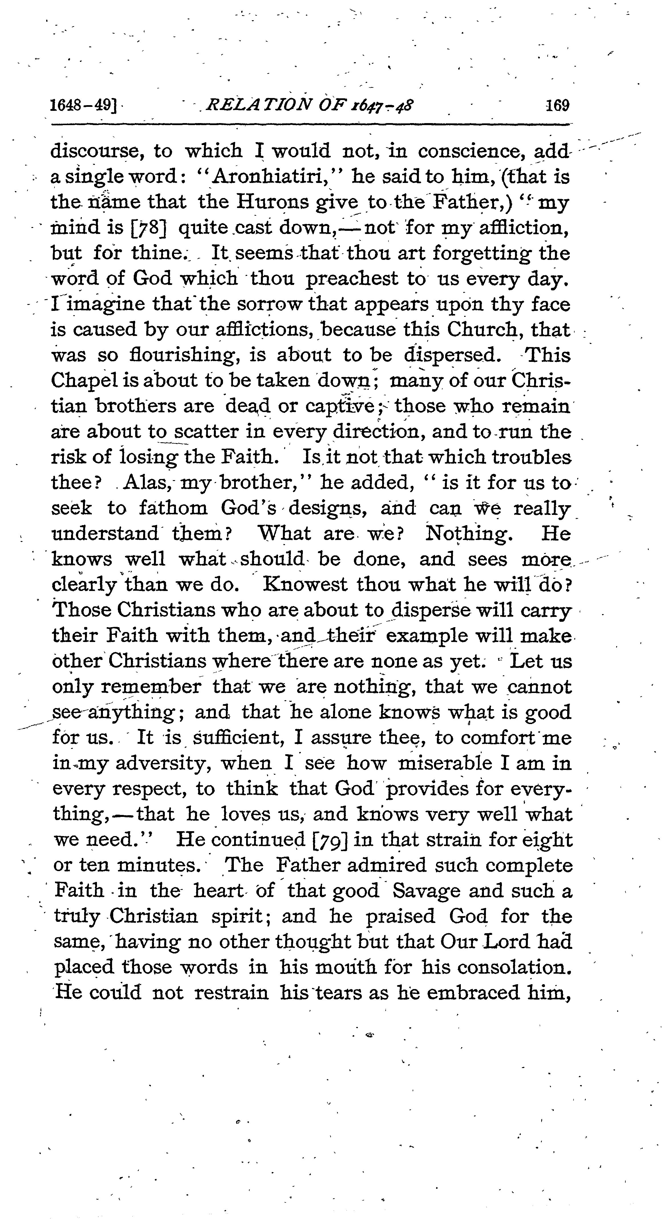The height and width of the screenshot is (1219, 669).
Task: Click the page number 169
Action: (557, 105)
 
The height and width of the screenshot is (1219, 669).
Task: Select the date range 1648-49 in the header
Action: (83, 105)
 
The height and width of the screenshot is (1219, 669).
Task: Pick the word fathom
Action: (173, 509)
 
